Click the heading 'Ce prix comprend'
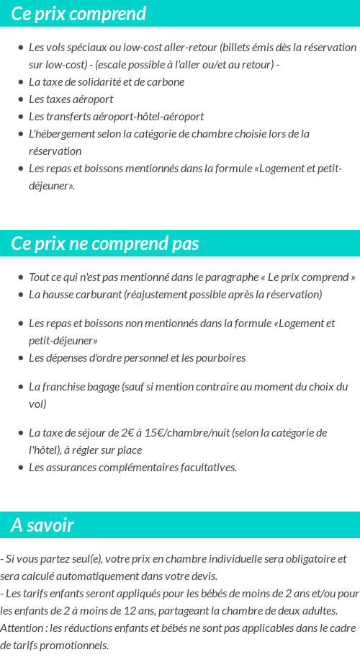[x=78, y=14]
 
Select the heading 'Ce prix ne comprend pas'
[x=104, y=244]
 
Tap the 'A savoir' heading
[x=42, y=525]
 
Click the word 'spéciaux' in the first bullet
[x=86, y=47]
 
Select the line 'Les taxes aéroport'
[x=71, y=99]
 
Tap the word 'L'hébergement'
[x=62, y=133]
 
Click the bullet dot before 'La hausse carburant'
[x=21, y=294]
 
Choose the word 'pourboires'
[x=220, y=357]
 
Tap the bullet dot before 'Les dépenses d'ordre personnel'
[x=21, y=357]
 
